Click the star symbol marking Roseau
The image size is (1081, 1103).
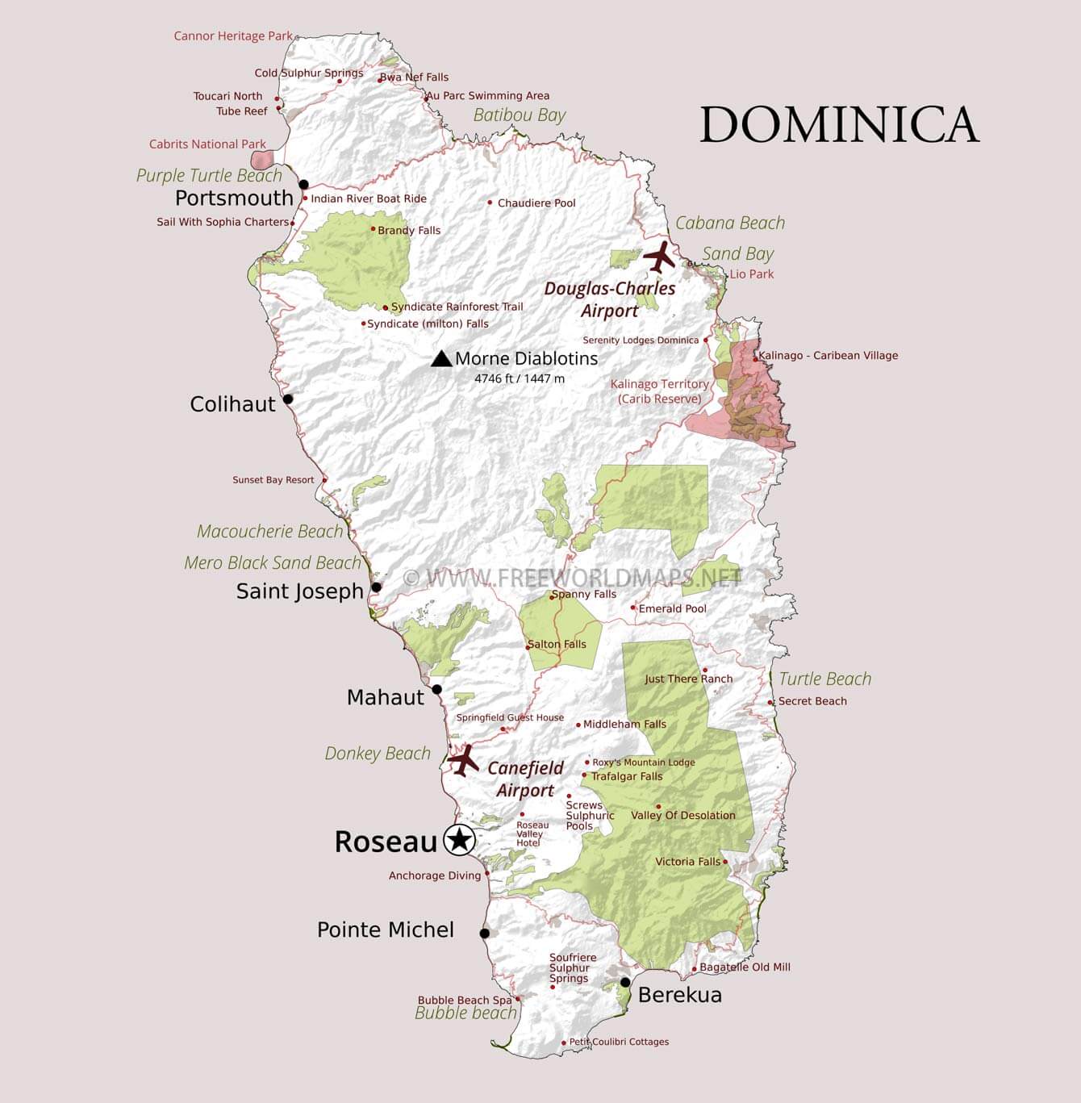point(460,840)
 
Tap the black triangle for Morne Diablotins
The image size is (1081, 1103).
point(441,359)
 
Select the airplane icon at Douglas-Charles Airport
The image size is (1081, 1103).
point(660,257)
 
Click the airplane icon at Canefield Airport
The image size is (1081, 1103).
point(463,760)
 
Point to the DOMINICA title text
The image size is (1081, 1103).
point(839,125)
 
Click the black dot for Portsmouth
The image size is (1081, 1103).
point(303,185)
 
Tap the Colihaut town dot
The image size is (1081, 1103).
point(288,399)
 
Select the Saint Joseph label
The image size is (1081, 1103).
point(300,591)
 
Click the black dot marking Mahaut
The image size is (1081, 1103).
point(437,690)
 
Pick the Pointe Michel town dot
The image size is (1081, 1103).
point(485,934)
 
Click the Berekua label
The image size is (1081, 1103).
point(679,995)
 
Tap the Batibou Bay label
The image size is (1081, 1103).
point(520,115)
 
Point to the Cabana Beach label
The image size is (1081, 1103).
point(730,224)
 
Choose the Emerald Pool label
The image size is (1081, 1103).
point(672,609)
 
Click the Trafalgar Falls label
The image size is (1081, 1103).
point(626,776)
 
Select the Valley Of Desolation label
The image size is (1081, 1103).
point(682,816)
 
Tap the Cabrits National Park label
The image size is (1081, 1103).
point(207,144)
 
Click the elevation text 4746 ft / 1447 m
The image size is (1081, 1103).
point(520,378)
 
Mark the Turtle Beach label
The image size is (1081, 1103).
point(824,679)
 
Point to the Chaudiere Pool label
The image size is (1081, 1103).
point(536,203)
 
